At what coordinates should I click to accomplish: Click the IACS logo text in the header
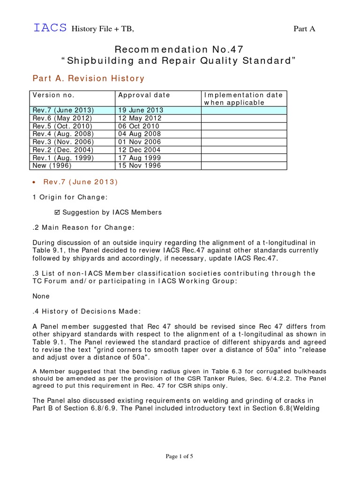(x=50, y=29)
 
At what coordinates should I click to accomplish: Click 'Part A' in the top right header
(x=304, y=29)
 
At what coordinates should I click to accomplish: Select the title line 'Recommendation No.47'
(x=180, y=50)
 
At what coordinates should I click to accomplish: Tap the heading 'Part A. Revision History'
(x=88, y=78)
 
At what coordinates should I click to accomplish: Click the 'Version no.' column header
(x=53, y=95)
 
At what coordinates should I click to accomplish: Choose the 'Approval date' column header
(x=144, y=95)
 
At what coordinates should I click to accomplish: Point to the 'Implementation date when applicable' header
(x=243, y=98)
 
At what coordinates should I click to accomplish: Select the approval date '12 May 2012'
(x=140, y=118)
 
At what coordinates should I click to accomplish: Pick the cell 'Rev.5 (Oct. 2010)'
(x=62, y=126)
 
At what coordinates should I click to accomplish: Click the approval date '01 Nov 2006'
(x=140, y=142)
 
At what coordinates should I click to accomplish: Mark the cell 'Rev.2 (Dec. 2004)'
(x=63, y=150)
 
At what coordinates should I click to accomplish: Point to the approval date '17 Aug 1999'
(x=140, y=157)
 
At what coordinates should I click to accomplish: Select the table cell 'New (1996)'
(x=51, y=165)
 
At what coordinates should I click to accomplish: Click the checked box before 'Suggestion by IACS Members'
(x=58, y=212)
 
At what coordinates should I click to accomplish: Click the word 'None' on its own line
(x=41, y=296)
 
